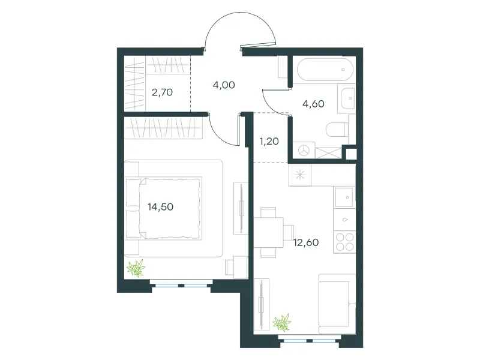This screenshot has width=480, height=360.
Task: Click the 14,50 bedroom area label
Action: (160, 207)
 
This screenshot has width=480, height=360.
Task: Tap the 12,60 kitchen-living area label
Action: (306, 242)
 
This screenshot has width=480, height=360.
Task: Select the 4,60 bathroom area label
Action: (313, 104)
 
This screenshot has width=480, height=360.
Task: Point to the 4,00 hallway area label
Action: (224, 85)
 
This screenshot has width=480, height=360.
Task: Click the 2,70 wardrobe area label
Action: (162, 92)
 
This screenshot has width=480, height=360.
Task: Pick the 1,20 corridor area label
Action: (269, 141)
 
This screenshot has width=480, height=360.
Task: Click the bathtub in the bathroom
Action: (325, 70)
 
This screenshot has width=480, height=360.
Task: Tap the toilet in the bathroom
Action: (337, 130)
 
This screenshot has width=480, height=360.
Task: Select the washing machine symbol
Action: (304, 151)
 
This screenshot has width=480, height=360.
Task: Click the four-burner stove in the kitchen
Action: (344, 242)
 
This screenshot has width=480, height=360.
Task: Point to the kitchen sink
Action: (344, 197)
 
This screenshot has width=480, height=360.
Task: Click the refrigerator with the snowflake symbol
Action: (300, 175)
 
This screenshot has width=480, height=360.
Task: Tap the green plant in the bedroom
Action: (136, 268)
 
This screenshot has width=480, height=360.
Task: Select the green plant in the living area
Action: (281, 323)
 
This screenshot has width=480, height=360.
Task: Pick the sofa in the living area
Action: (337, 304)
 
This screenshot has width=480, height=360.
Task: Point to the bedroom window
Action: (181, 286)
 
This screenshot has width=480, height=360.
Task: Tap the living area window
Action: (310, 341)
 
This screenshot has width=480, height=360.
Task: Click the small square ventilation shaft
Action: (351, 154)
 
